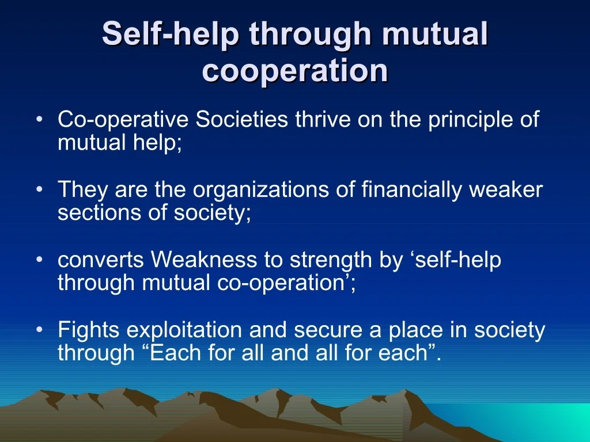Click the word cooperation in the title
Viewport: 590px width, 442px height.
pos(295,71)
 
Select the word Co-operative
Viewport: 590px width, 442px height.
pos(123,120)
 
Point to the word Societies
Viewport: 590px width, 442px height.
pos(242,119)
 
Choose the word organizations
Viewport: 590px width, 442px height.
pos(261,190)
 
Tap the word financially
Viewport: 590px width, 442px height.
pos(411,190)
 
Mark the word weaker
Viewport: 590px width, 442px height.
pos(506,189)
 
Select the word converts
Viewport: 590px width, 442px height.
pos(100,260)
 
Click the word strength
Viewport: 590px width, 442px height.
pos(331,260)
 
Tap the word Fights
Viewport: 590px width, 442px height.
pos(88,330)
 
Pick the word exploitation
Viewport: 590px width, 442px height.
pos(184,330)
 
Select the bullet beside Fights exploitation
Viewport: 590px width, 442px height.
pos(40,330)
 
